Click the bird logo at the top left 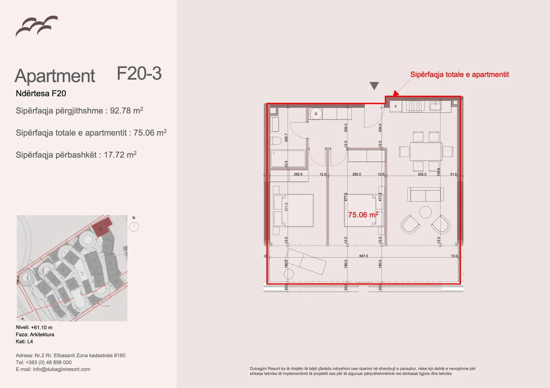point(36,26)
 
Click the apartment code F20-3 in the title point(139,73)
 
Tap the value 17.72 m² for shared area point(120,155)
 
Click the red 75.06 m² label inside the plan point(363,215)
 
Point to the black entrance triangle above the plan point(374,85)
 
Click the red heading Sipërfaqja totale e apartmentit point(459,74)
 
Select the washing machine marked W point(316,114)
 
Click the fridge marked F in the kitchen point(396,107)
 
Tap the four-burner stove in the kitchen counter point(415,106)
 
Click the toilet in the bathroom point(276,141)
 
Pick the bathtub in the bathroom point(288,159)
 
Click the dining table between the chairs point(426,151)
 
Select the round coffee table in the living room point(426,212)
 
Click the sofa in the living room point(426,195)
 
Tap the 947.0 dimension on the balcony point(363,256)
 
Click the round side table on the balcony point(289,274)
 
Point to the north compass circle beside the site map point(134,227)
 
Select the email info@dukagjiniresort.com point(62,369)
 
